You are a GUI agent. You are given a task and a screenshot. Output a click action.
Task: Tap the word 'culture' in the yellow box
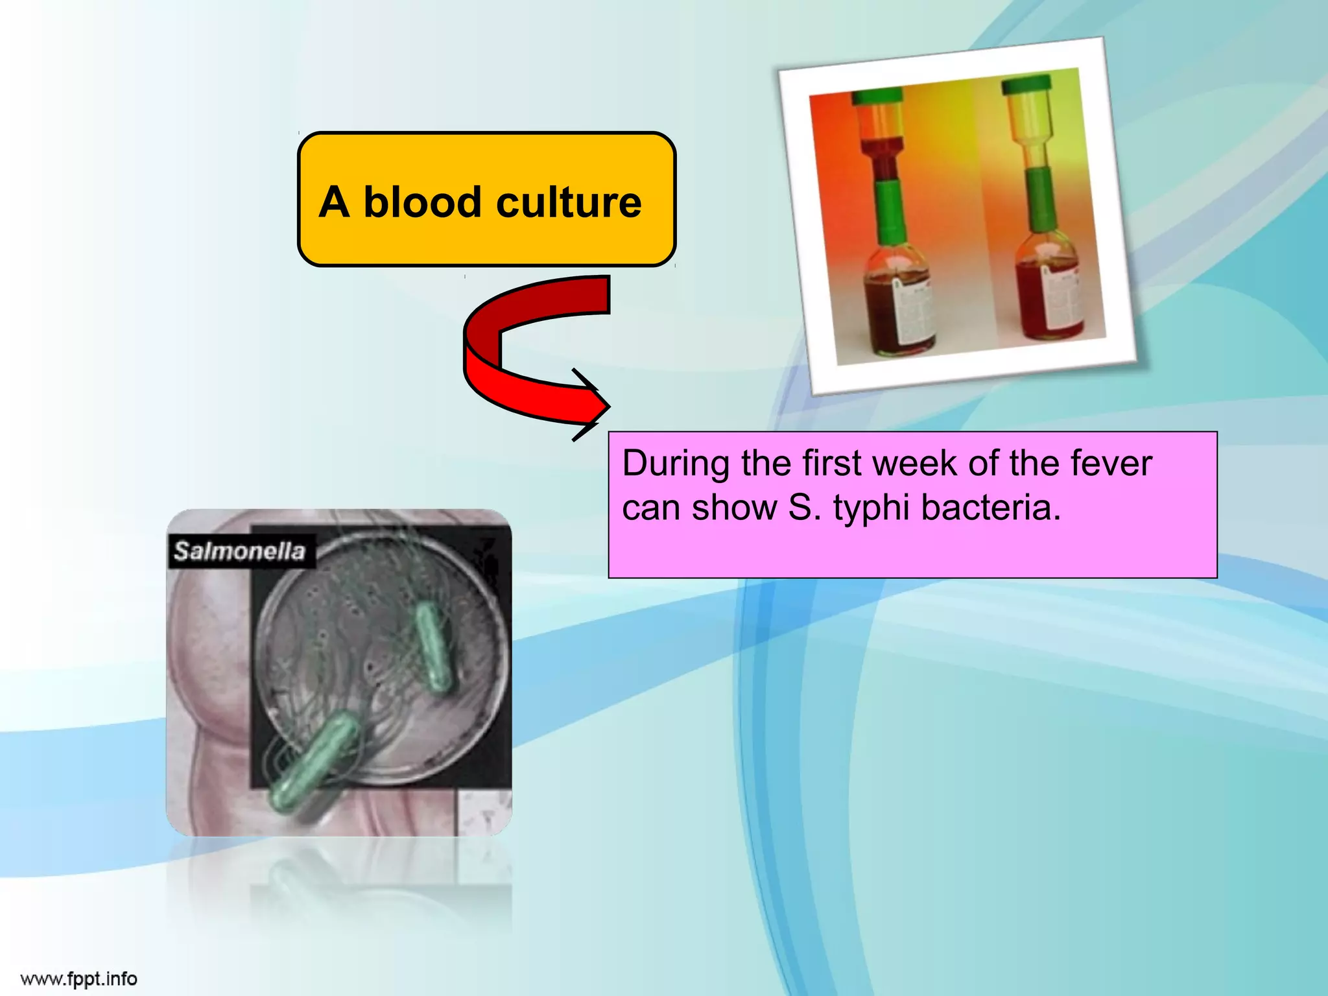[x=569, y=202]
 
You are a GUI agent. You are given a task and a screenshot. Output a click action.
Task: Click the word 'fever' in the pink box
[x=1111, y=464]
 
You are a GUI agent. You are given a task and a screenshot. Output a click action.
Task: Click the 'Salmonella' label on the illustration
[x=239, y=551]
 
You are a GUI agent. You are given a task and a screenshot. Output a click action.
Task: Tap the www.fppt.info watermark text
[x=78, y=978]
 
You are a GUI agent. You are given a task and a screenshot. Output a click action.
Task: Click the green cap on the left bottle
[x=876, y=96]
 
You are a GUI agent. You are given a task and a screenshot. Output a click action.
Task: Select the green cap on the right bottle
[x=1025, y=84]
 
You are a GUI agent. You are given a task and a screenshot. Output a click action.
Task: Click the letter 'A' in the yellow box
[x=335, y=202]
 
